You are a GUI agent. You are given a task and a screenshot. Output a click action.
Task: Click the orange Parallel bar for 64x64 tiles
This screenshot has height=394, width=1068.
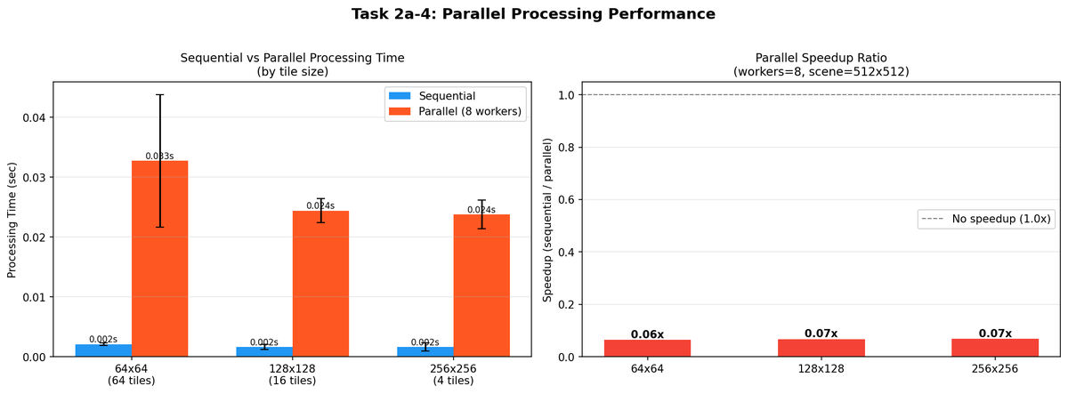160,267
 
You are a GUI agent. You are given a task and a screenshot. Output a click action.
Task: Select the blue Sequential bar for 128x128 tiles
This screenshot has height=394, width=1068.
264,351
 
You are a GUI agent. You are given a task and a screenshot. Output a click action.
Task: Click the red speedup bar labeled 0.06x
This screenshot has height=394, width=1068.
647,348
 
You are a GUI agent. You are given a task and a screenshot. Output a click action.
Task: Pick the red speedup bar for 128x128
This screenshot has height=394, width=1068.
821,348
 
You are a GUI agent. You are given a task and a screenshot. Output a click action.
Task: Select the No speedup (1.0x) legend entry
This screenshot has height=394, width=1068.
988,219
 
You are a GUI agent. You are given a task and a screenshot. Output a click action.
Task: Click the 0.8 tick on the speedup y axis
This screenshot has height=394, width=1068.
568,147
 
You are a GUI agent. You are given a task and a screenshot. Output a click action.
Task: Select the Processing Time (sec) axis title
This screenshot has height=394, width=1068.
12,220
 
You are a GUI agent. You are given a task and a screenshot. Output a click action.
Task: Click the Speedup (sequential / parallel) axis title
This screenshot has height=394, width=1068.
548,220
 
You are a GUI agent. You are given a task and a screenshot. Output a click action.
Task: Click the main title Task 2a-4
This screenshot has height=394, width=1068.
533,14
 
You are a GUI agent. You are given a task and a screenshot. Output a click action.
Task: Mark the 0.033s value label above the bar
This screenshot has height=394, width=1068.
159,157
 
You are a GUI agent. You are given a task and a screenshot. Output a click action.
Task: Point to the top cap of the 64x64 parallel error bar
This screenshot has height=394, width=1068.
160,94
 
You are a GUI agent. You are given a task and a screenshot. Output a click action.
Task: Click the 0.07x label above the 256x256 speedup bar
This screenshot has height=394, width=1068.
994,334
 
